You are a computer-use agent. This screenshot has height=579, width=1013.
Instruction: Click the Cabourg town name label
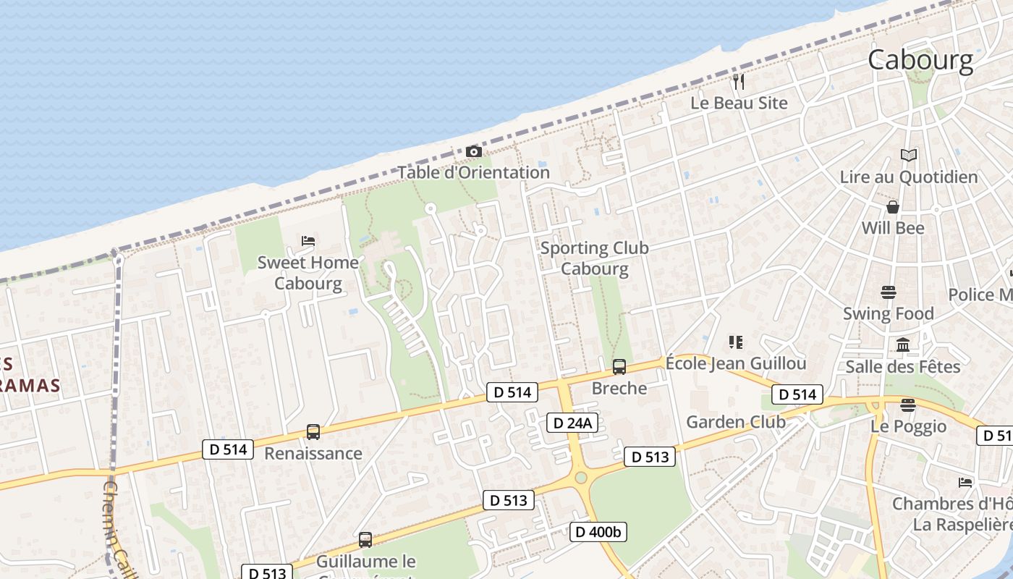point(920,60)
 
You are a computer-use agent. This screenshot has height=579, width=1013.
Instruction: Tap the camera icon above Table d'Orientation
point(474,151)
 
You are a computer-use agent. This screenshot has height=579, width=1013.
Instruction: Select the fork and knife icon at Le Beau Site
point(738,81)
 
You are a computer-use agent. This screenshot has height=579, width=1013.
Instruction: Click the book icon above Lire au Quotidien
point(908,155)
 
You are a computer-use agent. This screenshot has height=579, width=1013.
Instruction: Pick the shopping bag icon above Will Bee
point(893,207)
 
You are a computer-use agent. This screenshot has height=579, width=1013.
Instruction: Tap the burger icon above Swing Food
point(889,292)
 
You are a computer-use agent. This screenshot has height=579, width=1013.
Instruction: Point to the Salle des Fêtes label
point(903,366)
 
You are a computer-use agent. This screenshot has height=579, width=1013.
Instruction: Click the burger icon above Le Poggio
point(908,404)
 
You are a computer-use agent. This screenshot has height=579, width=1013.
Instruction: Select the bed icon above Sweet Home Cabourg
point(308,240)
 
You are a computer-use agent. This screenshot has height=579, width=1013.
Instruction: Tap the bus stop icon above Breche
point(619,367)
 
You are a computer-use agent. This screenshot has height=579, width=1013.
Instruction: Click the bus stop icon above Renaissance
point(313,432)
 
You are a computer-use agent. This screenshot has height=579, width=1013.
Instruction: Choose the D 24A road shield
point(572,423)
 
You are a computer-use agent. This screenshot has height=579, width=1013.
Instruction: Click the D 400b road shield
point(598,532)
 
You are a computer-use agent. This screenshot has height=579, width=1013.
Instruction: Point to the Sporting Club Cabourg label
point(595,258)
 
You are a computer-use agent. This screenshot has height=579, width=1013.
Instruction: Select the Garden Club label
point(736,421)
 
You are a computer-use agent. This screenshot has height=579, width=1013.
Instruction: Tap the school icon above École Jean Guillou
point(736,342)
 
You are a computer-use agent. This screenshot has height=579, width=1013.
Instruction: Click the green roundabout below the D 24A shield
point(580,478)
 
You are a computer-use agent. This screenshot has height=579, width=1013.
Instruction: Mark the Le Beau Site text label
point(739,103)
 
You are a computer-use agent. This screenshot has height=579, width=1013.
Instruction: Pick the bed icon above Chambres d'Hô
point(965,482)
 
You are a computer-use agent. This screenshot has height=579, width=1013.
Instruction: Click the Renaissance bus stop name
point(313,454)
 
